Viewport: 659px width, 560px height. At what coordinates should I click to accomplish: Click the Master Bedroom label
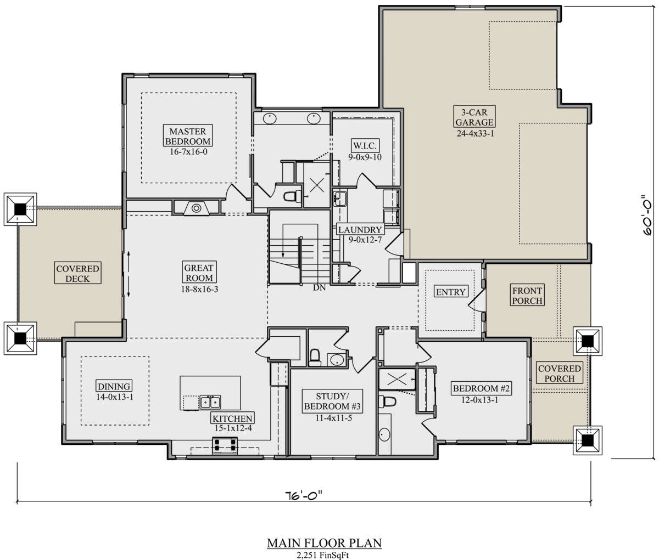point(188,136)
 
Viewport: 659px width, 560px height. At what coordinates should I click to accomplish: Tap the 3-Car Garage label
point(474,117)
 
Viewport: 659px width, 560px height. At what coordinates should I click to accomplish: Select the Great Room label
point(199,273)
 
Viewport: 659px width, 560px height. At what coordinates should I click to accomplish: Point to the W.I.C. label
point(365,146)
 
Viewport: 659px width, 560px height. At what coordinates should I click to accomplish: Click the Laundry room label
point(360,229)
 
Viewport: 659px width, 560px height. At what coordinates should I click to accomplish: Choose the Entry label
point(450,292)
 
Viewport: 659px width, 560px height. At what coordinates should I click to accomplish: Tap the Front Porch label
point(527,296)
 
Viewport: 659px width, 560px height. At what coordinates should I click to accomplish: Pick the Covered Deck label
point(77,273)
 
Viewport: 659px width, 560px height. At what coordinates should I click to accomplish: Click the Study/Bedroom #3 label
point(332,401)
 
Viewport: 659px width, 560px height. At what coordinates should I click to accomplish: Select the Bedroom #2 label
point(481,388)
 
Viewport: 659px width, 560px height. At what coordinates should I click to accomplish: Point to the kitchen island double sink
point(210,402)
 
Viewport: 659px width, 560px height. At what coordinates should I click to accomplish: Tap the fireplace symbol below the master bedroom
point(196,208)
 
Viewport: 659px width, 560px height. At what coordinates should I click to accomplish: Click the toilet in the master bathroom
point(292,196)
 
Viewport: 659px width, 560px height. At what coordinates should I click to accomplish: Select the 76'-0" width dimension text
point(304,495)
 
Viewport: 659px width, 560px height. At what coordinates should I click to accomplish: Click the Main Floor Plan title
point(324,544)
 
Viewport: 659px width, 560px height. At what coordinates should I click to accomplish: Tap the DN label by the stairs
point(319,288)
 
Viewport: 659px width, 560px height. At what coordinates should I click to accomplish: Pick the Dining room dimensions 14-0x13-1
point(115,397)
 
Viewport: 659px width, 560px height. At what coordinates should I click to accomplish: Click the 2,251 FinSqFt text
point(323,555)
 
